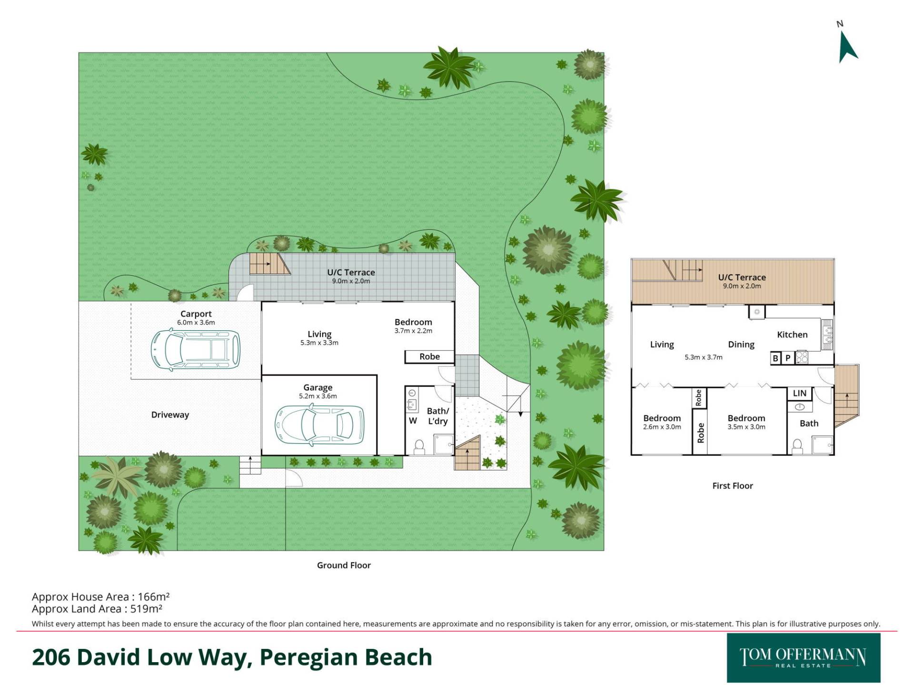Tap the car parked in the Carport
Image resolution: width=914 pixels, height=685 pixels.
[x=196, y=350]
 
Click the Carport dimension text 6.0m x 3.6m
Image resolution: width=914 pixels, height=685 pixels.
[x=196, y=323]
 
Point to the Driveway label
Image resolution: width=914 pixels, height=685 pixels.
[x=170, y=415]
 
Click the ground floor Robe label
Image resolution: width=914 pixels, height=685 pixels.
[x=429, y=357]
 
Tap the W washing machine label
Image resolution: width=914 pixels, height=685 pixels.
[x=413, y=421]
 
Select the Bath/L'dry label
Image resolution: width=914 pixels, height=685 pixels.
[x=438, y=416]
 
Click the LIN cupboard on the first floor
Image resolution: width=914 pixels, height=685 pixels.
[x=800, y=393]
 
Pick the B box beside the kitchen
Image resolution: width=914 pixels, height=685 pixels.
[x=775, y=358]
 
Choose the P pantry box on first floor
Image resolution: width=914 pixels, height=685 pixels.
[x=788, y=358]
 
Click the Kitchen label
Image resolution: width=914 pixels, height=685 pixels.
[x=792, y=335]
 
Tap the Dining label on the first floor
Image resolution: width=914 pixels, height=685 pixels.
[x=741, y=345]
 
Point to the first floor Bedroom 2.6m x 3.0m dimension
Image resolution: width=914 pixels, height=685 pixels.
[x=662, y=427]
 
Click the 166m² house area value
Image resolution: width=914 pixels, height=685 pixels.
[x=154, y=597]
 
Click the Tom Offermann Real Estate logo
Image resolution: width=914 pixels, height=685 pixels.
[x=803, y=658]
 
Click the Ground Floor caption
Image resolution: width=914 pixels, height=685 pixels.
[x=344, y=566]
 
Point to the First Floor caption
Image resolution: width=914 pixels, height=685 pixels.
[x=733, y=486]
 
